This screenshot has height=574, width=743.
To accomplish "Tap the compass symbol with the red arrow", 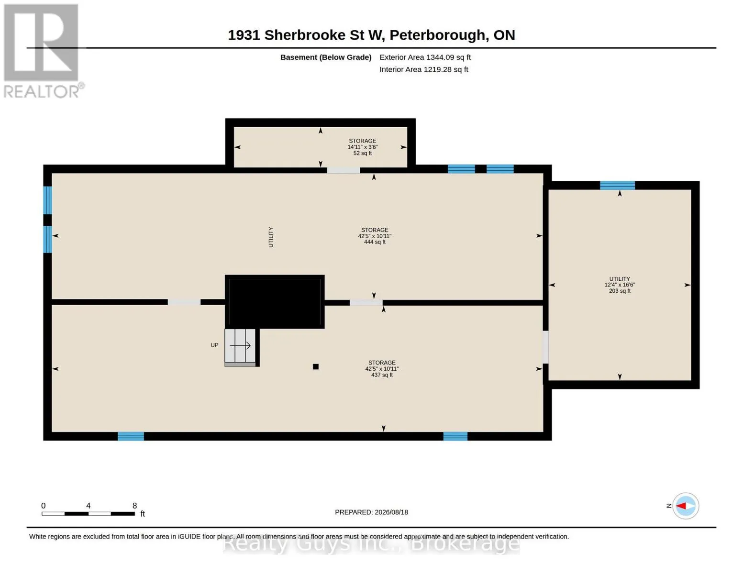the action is coord(685,506).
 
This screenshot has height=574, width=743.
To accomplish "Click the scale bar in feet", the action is coord(88,513).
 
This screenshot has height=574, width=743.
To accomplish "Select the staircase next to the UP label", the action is coord(240,347).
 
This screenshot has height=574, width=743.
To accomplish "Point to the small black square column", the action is coord(316,366).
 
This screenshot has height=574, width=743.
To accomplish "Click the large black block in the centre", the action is coord(275,301).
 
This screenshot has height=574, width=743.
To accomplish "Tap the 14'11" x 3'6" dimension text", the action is coord(363,147).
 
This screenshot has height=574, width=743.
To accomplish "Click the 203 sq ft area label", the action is coord(620,291).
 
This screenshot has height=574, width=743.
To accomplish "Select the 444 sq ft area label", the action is coord(375,242).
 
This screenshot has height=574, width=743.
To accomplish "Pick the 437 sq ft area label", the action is coord(382,375).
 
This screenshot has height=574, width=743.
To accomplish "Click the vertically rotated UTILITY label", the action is coord(271,237).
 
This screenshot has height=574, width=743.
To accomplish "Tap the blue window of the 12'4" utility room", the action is coord(617,185).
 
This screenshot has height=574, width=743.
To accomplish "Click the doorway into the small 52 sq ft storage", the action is coord(344,170).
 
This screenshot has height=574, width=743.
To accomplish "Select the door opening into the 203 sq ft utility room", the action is coord(546,347).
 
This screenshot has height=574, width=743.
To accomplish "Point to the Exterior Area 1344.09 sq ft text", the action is coord(425,57).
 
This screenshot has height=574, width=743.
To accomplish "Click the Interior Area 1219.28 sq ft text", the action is coord(423,69).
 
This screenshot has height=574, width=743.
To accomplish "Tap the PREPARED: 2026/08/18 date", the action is coord(371,512).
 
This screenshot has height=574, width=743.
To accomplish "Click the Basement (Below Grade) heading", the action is coord(326,57).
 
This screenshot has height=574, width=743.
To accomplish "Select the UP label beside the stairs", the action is coord(214,345).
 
